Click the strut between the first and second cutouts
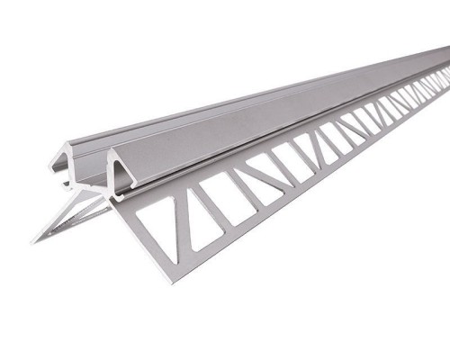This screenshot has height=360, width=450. click(183, 216)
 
